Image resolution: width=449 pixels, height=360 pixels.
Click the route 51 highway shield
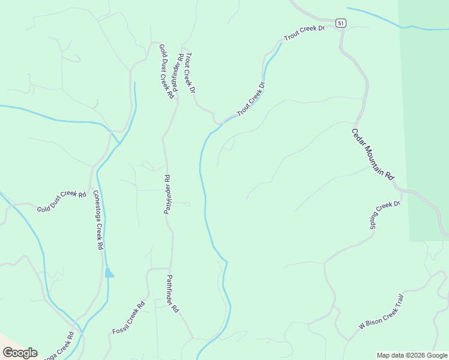point(341,23)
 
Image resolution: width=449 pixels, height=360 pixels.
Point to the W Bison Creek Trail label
point(381,311)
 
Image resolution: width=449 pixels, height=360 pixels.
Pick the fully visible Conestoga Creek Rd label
point(98,220)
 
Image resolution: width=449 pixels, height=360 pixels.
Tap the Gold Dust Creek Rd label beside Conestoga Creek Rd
point(62,201)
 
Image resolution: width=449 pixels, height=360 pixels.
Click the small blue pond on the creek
point(109,273)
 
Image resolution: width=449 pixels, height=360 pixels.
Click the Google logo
point(20,352)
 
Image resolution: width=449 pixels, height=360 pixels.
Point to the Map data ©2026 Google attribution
point(412,355)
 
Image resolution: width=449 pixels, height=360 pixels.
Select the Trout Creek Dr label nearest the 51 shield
point(304,32)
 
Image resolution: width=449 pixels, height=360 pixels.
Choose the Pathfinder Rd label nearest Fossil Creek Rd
point(172,294)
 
